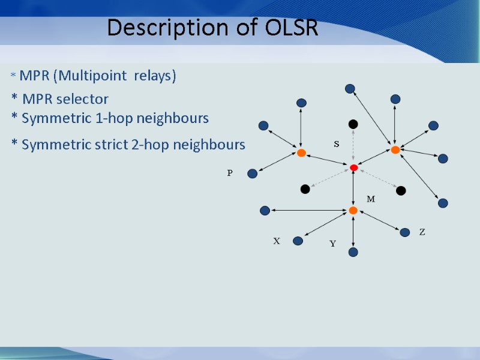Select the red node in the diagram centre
pyautogui.click(x=354, y=167)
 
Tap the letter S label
pyautogui.click(x=336, y=145)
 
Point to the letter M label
pyautogui.click(x=370, y=199)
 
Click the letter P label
pyautogui.click(x=229, y=173)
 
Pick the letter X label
pyautogui.click(x=277, y=241)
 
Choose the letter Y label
pyautogui.click(x=332, y=244)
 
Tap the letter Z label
pyautogui.click(x=422, y=232)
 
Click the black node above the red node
pyautogui.click(x=353, y=124)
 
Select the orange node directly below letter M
pyautogui.click(x=353, y=210)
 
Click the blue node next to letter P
pyautogui.click(x=252, y=173)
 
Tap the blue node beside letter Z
pyautogui.click(x=405, y=232)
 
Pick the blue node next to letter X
pyautogui.click(x=298, y=241)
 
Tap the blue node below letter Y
pyautogui.click(x=353, y=252)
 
